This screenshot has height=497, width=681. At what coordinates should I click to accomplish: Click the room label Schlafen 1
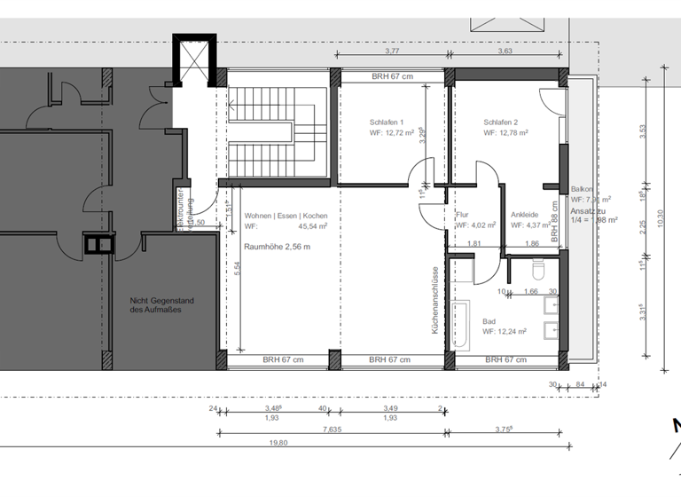[x=387, y=122]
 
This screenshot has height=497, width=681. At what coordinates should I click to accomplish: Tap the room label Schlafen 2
[x=501, y=122]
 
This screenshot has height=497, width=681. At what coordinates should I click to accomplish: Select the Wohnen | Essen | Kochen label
[x=286, y=216]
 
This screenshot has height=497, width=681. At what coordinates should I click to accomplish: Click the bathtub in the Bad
[x=461, y=326]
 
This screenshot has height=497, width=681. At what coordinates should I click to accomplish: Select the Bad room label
[x=489, y=322]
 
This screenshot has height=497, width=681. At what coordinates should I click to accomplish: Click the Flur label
[x=462, y=215]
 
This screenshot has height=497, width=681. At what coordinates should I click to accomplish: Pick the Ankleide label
[x=525, y=215]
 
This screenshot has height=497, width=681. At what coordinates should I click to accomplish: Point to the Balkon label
[x=582, y=189]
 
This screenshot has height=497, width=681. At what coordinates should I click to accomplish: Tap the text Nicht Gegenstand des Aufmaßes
[x=160, y=305]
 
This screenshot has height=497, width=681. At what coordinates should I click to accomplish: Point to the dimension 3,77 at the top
[x=390, y=51]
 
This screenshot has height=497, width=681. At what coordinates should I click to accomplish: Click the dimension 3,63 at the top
[x=505, y=51]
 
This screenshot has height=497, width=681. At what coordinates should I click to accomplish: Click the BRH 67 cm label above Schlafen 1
[x=392, y=76]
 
